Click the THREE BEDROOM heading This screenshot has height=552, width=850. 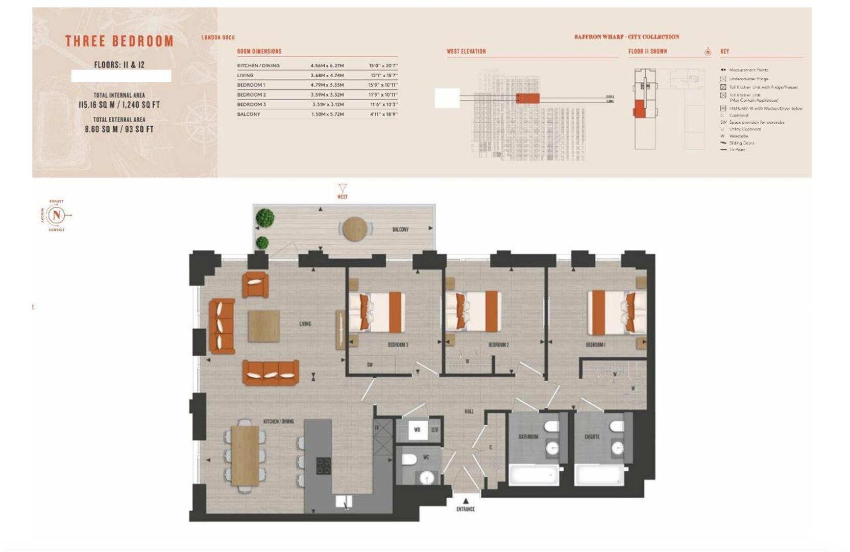point(119,41)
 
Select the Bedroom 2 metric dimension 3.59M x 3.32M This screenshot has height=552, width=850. point(327,95)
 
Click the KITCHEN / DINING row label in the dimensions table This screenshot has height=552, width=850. point(258,65)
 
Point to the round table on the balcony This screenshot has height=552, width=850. point(354,229)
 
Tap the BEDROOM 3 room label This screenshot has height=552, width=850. point(398,345)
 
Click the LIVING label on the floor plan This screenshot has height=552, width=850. point(305,324)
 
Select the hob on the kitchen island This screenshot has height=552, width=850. point(323,466)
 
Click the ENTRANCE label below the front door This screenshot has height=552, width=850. point(465,509)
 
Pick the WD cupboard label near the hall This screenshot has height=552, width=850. point(417,430)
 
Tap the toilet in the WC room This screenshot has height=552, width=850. point(409,460)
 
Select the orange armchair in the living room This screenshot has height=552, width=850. point(255,284)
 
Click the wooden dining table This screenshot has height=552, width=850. point(245,455)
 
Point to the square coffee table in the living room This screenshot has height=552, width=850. point(263,326)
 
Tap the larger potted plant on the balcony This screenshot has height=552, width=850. point(265,218)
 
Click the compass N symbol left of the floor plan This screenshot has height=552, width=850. point(57,215)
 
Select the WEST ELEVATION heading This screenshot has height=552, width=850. point(466,52)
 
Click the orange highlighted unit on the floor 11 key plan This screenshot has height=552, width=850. point(638,109)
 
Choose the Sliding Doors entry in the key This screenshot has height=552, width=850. point(741,143)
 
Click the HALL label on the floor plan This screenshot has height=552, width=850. point(469,411)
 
